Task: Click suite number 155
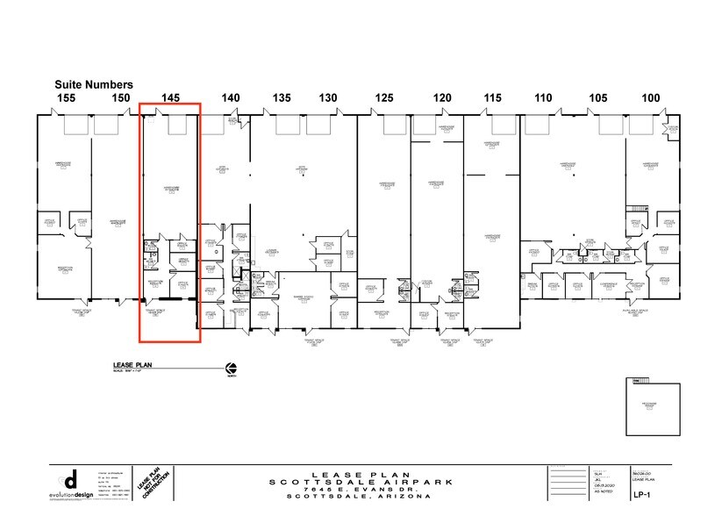(x=66, y=97)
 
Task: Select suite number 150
(x=121, y=97)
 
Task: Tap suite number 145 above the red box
(x=170, y=97)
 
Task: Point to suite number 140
(x=231, y=97)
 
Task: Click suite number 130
(x=328, y=97)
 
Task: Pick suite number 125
(x=384, y=97)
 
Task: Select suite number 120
(x=442, y=97)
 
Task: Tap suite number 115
(x=492, y=97)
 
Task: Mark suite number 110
(x=543, y=97)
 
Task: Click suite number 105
(x=598, y=97)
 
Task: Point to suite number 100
(x=650, y=97)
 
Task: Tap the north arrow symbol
(x=232, y=368)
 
